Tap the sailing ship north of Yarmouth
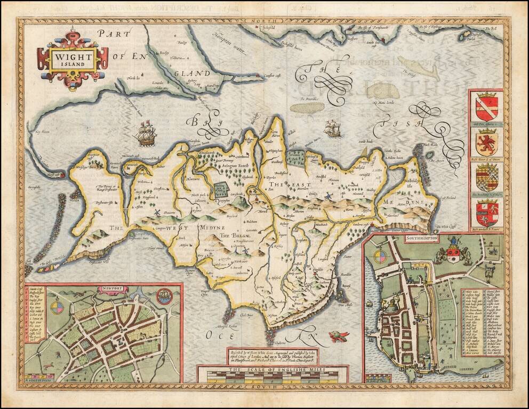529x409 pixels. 145,133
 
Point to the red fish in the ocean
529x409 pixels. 338,336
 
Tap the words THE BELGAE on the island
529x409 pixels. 247,235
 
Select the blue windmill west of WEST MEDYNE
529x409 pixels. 157,212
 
